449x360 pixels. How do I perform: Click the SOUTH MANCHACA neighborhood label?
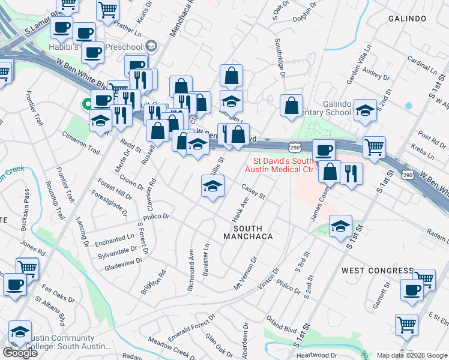(x=252, y=232)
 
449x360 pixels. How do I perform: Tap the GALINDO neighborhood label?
(x=407, y=19)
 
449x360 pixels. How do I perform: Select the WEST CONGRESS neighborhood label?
(x=369, y=271)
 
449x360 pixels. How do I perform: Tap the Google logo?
(x=20, y=353)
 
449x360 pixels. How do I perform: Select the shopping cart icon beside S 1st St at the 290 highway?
(x=374, y=146)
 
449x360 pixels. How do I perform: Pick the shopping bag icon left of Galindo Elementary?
(x=291, y=106)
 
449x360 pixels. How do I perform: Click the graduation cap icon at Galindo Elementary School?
(x=365, y=110)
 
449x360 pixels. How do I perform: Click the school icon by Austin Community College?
(x=20, y=331)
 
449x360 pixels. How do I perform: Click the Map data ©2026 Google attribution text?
(x=411, y=355)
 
